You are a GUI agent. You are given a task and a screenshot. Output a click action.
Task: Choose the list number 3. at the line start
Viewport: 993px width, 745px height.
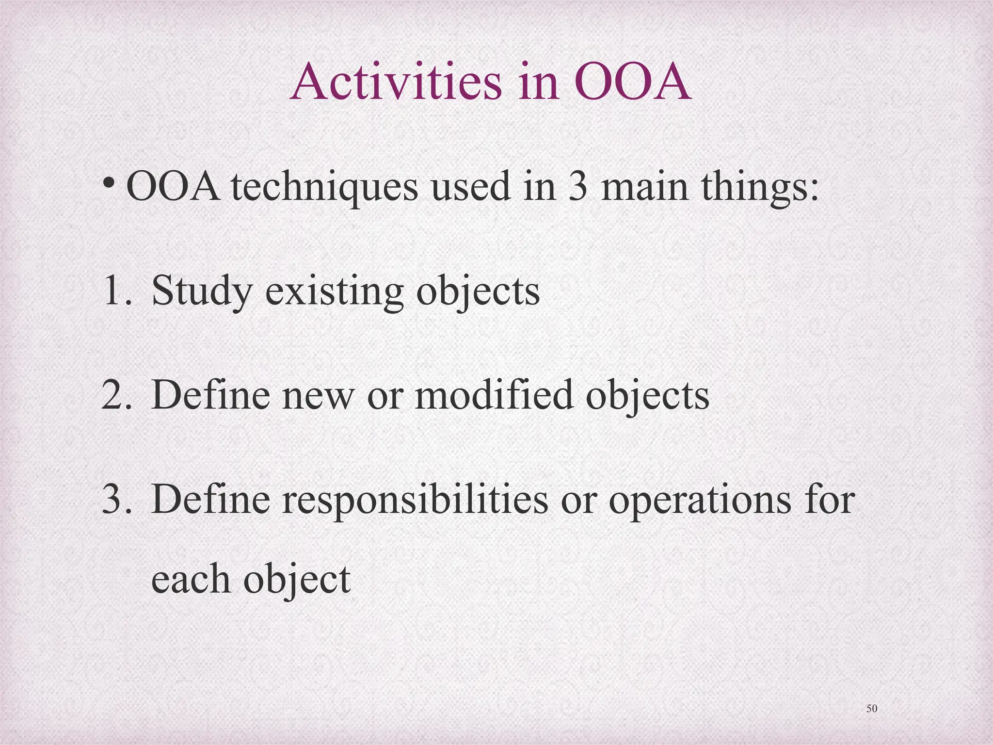pos(116,500)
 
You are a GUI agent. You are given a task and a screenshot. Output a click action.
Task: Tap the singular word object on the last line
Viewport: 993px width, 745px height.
pos(296,580)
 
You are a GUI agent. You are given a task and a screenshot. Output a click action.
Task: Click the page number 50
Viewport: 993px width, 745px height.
pos(871,709)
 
